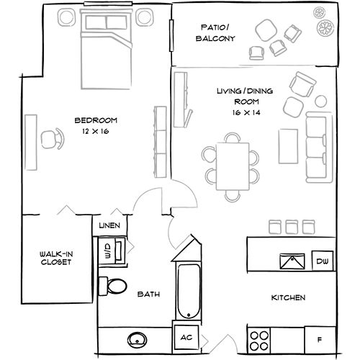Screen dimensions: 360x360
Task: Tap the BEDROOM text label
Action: pos(96,120)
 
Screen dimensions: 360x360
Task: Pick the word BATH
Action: pos(149,294)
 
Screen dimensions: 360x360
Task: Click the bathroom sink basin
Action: pos(135,338)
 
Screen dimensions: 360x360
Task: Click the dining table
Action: pos(231,165)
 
